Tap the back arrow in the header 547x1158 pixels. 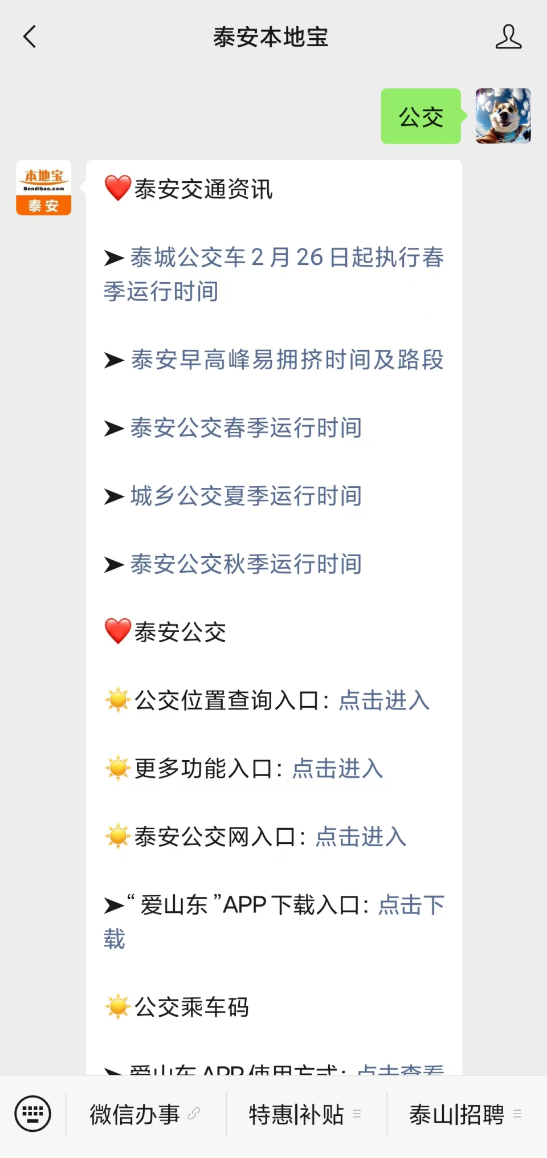coord(30,37)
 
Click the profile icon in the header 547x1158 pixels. coord(508,37)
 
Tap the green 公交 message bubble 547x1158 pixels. coord(421,116)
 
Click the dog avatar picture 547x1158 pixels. coord(503,116)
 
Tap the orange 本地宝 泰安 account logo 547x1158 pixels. coord(44,188)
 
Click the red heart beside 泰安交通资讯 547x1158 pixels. coord(118,188)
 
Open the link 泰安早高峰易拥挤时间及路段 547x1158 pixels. coord(287,360)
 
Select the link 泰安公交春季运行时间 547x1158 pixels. coord(246,428)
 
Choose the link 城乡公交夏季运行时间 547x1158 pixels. coord(246,496)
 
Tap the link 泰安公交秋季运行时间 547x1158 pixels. coord(246,564)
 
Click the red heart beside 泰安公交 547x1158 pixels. coord(118,631)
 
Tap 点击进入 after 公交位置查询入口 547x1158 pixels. coord(384,700)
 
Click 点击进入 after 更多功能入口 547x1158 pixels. coord(337,769)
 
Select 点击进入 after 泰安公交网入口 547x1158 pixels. coord(361,837)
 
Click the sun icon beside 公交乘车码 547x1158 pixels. coord(118,1007)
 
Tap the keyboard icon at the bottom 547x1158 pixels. coord(33,1114)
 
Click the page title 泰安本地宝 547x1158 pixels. coord(271,38)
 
